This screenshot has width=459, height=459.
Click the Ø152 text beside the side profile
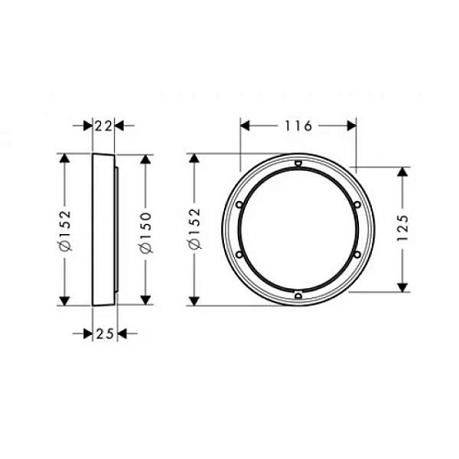(x=63, y=231)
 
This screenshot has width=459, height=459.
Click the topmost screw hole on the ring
(x=298, y=166)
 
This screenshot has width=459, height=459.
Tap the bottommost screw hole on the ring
(x=298, y=294)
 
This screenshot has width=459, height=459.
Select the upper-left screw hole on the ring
(x=239, y=203)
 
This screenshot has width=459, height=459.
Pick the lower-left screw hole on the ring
(x=240, y=255)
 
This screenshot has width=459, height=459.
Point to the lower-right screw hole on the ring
(x=356, y=255)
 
